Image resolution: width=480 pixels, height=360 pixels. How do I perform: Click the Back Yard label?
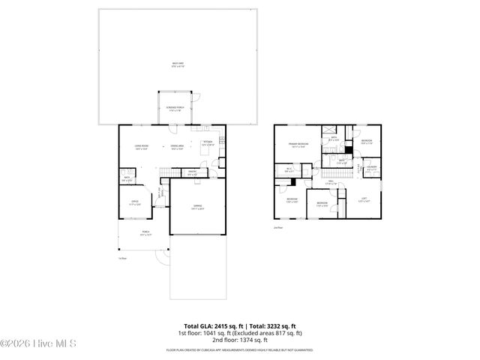pos(177,66)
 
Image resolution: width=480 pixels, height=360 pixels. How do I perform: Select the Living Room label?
pos(141,147)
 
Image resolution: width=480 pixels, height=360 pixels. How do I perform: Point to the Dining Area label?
pos(178,147)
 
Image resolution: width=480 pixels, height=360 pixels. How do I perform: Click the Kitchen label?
pos(208,143)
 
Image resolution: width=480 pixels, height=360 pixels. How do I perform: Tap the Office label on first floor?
pos(135,202)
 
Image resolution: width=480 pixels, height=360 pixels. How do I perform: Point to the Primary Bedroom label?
pos(298,144)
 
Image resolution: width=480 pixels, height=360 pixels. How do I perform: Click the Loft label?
pos(363,199)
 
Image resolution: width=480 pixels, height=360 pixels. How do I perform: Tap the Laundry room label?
pos(371,168)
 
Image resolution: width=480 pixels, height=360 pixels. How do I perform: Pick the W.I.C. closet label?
pos(289,169)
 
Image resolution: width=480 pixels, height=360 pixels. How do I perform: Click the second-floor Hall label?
pos(330,181)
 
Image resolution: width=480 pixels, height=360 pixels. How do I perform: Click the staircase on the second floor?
pos(342,173)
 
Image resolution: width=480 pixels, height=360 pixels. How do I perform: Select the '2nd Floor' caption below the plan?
pos(277,226)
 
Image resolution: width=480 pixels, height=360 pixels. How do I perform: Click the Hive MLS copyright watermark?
pos(40,343)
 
